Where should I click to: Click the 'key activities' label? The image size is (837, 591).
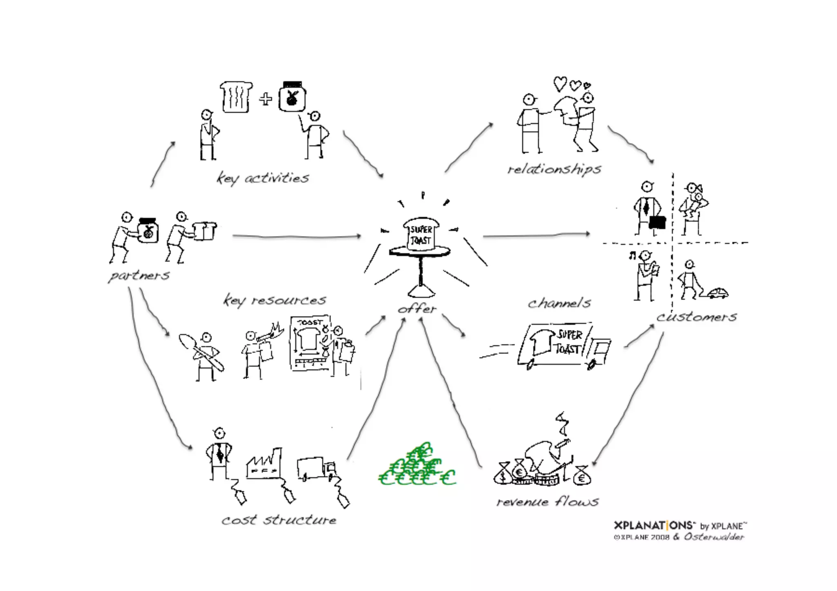point(263,178)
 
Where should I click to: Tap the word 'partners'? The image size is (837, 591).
point(139,276)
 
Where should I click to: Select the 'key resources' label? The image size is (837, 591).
point(274,301)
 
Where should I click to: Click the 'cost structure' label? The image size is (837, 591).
point(279,520)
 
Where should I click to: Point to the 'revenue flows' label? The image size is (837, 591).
point(547,502)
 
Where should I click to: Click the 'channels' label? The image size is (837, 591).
point(559,303)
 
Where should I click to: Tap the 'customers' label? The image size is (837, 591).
point(697,317)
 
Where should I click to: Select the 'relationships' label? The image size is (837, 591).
point(554,169)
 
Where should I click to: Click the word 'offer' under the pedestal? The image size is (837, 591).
point(417,309)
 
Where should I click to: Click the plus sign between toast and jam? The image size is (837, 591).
point(266,99)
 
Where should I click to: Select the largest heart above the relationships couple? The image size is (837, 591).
point(560,84)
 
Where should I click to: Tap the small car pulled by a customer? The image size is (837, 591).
point(718,293)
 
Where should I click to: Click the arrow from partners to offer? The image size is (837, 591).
point(296,236)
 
